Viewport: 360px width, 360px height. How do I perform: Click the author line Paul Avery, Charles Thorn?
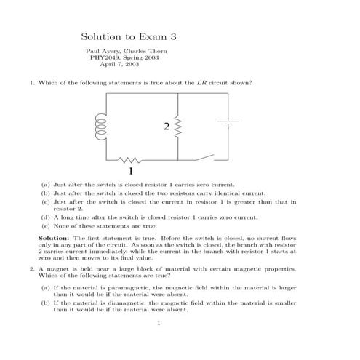(x=129, y=51)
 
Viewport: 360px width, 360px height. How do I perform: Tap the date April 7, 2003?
(x=129, y=65)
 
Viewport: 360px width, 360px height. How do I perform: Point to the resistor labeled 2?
(x=178, y=127)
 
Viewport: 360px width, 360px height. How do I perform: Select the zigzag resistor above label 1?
(x=129, y=160)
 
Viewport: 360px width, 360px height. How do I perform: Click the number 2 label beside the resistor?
(x=167, y=128)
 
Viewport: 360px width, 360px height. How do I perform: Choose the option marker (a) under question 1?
(x=45, y=185)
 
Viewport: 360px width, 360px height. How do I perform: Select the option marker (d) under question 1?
(x=45, y=217)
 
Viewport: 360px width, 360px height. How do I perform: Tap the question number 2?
(x=32, y=270)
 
